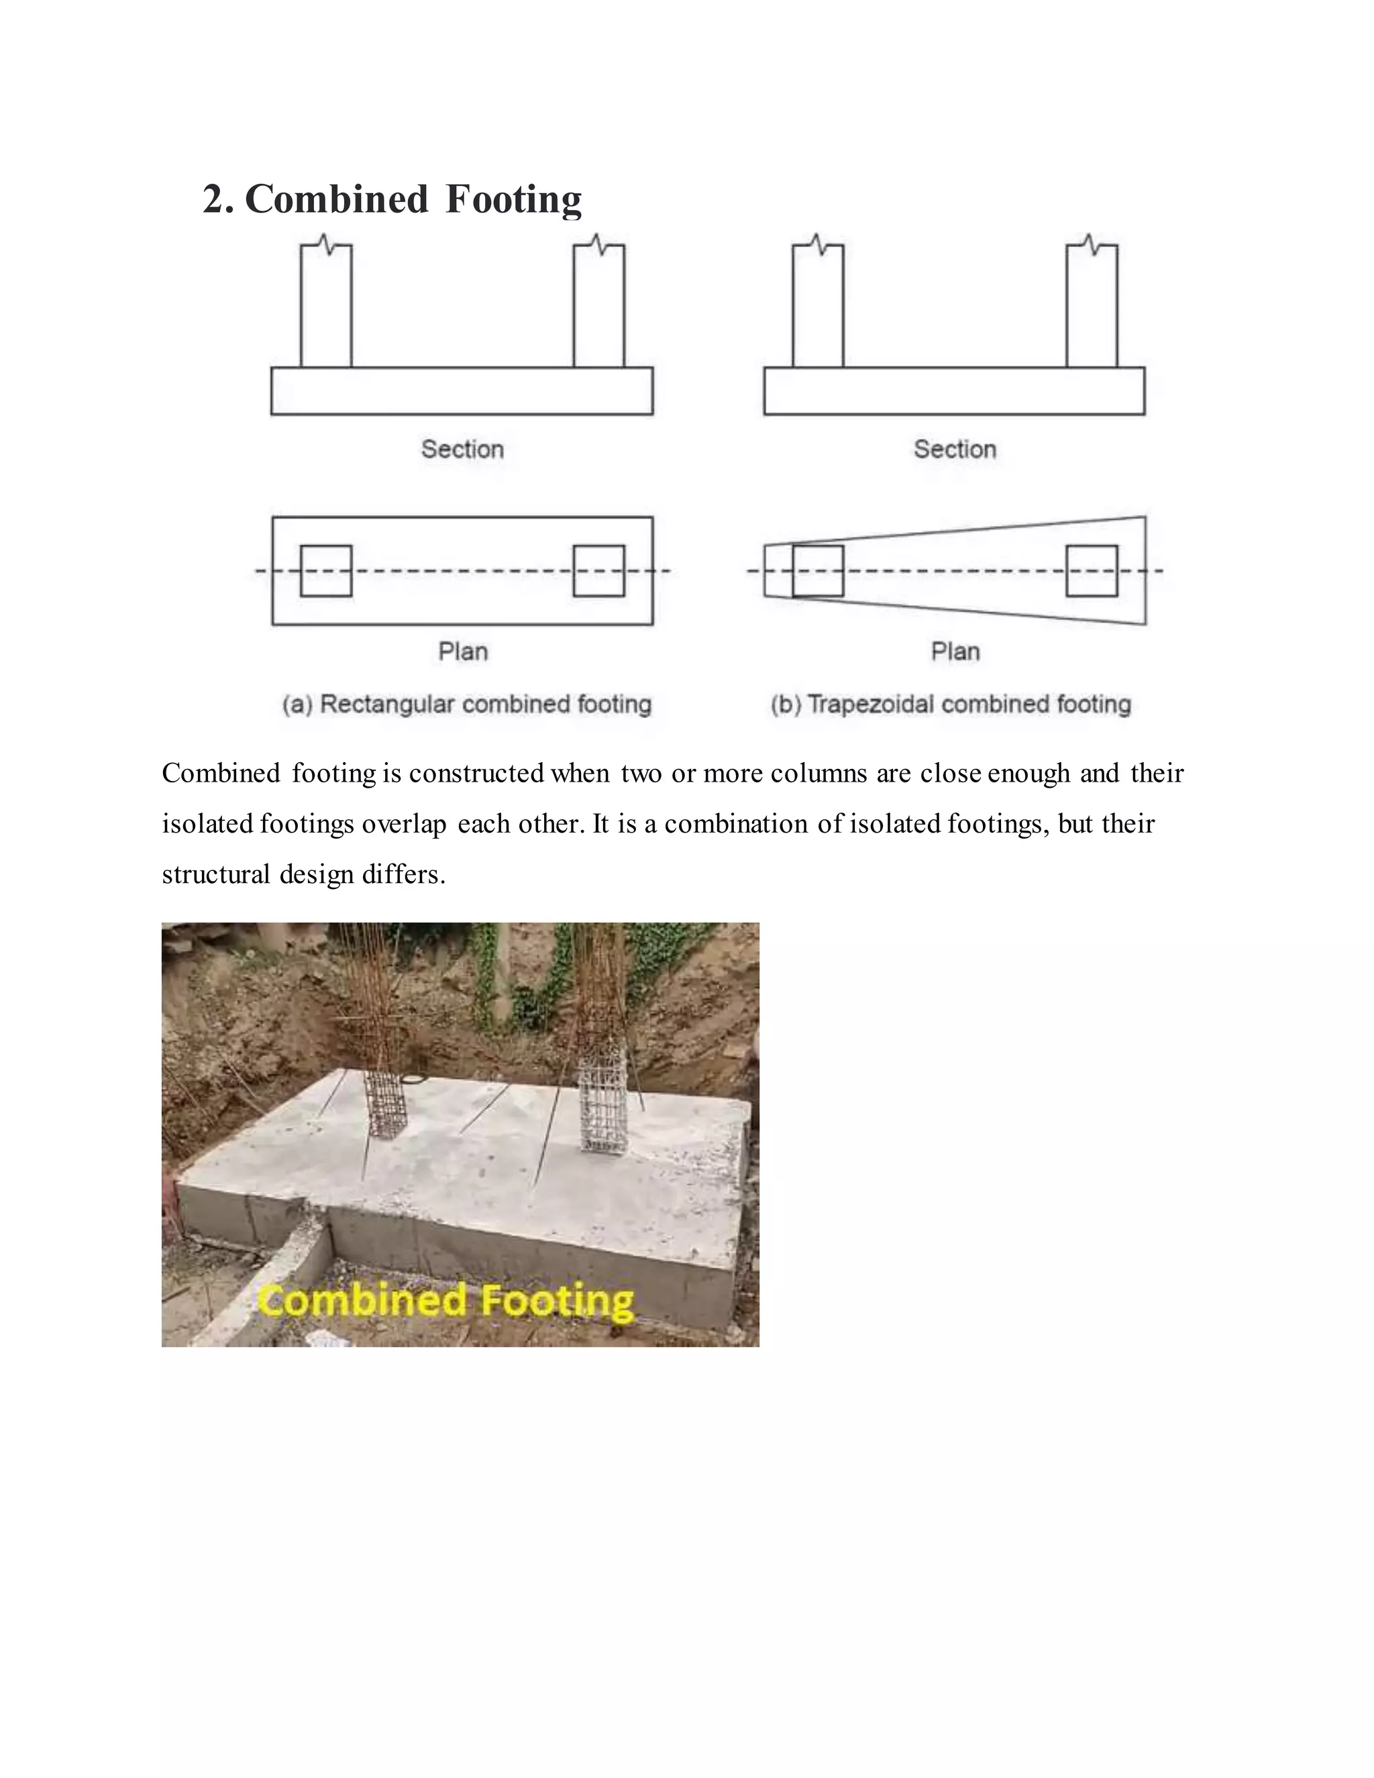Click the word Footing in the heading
point(514,200)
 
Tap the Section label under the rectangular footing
point(462,450)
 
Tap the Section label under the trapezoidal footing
point(955,450)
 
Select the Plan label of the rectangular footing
point(462,651)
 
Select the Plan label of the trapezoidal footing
point(955,651)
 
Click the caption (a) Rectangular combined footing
point(467,704)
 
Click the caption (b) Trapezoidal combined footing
point(951,704)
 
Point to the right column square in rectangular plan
point(599,571)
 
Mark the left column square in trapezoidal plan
point(818,571)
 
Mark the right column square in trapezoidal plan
point(1092,571)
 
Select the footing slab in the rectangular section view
point(462,392)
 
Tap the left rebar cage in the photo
point(384,1103)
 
